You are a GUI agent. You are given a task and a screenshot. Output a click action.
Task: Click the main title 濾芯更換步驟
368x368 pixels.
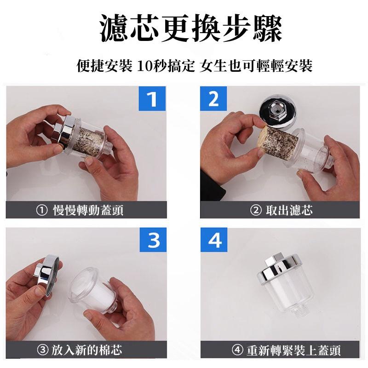click(x=184, y=29)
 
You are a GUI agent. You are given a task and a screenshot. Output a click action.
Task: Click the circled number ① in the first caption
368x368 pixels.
click(x=40, y=211)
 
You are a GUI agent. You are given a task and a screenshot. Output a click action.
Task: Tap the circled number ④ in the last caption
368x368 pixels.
click(x=237, y=351)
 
